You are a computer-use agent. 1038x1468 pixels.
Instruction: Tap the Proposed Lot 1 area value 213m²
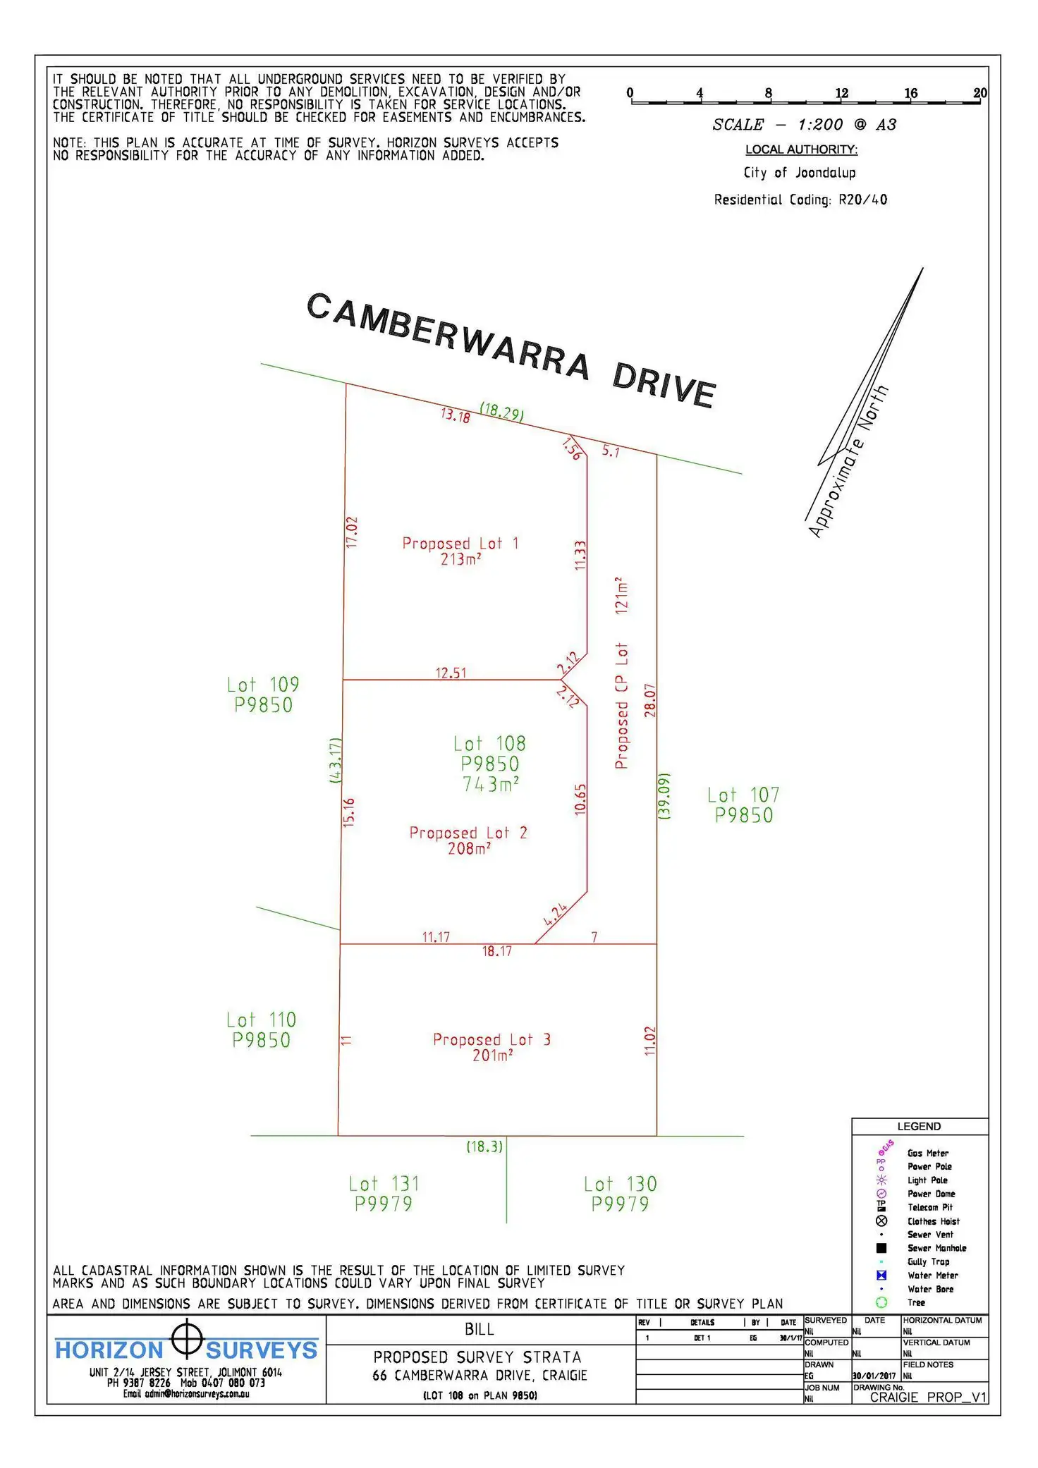point(460,559)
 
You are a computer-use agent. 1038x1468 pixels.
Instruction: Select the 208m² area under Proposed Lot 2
point(469,848)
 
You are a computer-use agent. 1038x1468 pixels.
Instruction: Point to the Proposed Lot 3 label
point(491,1039)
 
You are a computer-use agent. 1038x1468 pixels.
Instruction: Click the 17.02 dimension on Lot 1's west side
point(352,532)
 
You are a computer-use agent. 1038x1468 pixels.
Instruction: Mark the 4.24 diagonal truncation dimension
point(556,913)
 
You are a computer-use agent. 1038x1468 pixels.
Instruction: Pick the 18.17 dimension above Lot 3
point(496,951)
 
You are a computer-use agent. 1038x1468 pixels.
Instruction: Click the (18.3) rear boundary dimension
point(484,1146)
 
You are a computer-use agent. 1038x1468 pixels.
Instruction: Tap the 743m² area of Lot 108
point(491,784)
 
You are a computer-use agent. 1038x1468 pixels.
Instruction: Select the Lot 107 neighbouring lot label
point(743,805)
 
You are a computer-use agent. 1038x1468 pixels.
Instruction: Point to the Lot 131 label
point(384,1193)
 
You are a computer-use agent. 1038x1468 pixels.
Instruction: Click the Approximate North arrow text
point(848,462)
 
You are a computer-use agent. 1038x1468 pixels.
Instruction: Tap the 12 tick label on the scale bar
point(841,93)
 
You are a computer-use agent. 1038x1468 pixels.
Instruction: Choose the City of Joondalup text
point(800,173)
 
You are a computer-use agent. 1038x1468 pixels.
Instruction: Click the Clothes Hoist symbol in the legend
point(881,1221)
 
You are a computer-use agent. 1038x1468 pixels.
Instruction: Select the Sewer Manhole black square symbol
point(881,1247)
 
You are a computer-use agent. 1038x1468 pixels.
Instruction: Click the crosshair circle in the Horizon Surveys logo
point(187,1338)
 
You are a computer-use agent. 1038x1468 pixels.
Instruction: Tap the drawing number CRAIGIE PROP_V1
point(927,1397)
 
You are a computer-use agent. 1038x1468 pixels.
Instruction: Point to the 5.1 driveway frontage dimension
point(611,451)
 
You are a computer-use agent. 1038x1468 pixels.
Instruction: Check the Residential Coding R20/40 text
point(800,200)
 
